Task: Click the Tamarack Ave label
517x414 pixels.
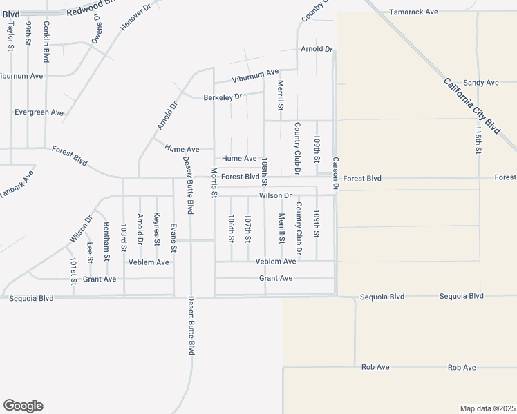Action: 413,12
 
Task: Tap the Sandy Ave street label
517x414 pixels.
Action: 480,83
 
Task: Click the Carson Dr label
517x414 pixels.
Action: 335,172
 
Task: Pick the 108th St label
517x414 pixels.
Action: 265,170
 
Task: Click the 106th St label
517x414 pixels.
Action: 232,228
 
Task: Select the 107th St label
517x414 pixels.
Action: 247,228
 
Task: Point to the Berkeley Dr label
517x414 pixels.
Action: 223,97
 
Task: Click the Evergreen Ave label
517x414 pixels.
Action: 39,112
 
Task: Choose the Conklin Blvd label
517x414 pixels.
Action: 46,41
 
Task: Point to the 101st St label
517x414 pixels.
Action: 73,270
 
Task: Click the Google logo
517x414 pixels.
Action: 23,406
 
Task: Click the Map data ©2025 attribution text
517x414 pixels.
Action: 487,408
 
